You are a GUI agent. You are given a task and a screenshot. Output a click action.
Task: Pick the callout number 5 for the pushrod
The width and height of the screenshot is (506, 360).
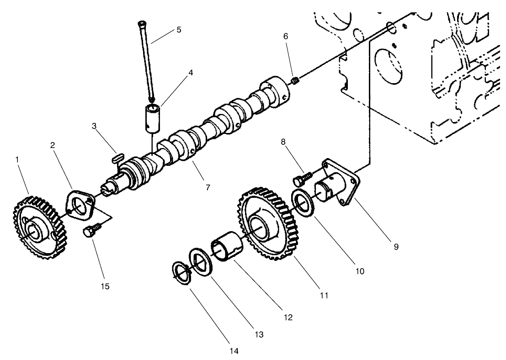click(x=179, y=30)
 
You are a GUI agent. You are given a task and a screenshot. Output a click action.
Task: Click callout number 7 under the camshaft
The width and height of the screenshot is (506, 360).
click(x=208, y=187)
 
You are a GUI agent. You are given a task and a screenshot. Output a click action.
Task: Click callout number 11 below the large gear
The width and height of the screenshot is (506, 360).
click(x=324, y=296)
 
